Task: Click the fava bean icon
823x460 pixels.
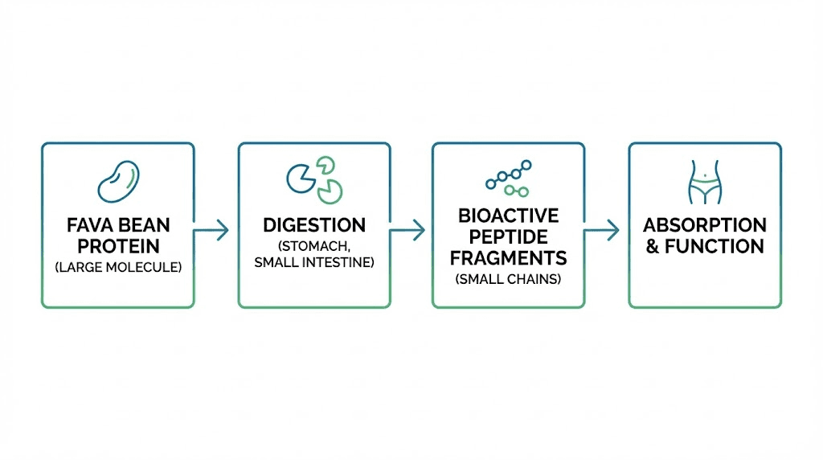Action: pos(118,180)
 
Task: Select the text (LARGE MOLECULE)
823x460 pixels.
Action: pos(118,267)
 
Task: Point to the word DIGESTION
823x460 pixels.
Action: pos(314,224)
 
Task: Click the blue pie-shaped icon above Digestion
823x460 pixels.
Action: pos(301,177)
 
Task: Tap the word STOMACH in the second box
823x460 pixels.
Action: pos(314,245)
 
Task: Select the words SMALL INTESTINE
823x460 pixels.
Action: pos(314,263)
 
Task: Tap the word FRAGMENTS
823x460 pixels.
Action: pos(509,258)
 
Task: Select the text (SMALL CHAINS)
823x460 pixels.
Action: pos(509,280)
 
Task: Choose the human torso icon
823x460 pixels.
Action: pos(705,182)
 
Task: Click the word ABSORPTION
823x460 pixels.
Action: pos(705,224)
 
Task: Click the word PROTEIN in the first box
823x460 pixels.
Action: pos(118,245)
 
